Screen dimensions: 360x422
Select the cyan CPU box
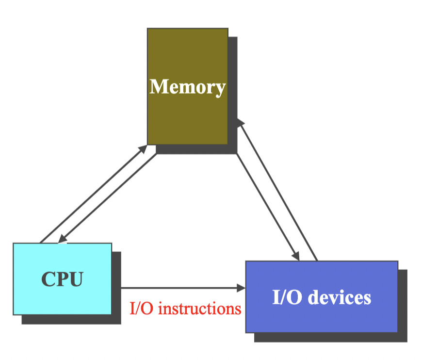62,296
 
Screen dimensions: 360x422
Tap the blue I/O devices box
321,315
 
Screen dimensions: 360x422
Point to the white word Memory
188,87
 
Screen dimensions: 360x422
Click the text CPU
62,279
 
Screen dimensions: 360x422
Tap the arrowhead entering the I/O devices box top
295,256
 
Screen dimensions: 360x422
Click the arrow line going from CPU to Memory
92,194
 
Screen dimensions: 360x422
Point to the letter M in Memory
158,87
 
